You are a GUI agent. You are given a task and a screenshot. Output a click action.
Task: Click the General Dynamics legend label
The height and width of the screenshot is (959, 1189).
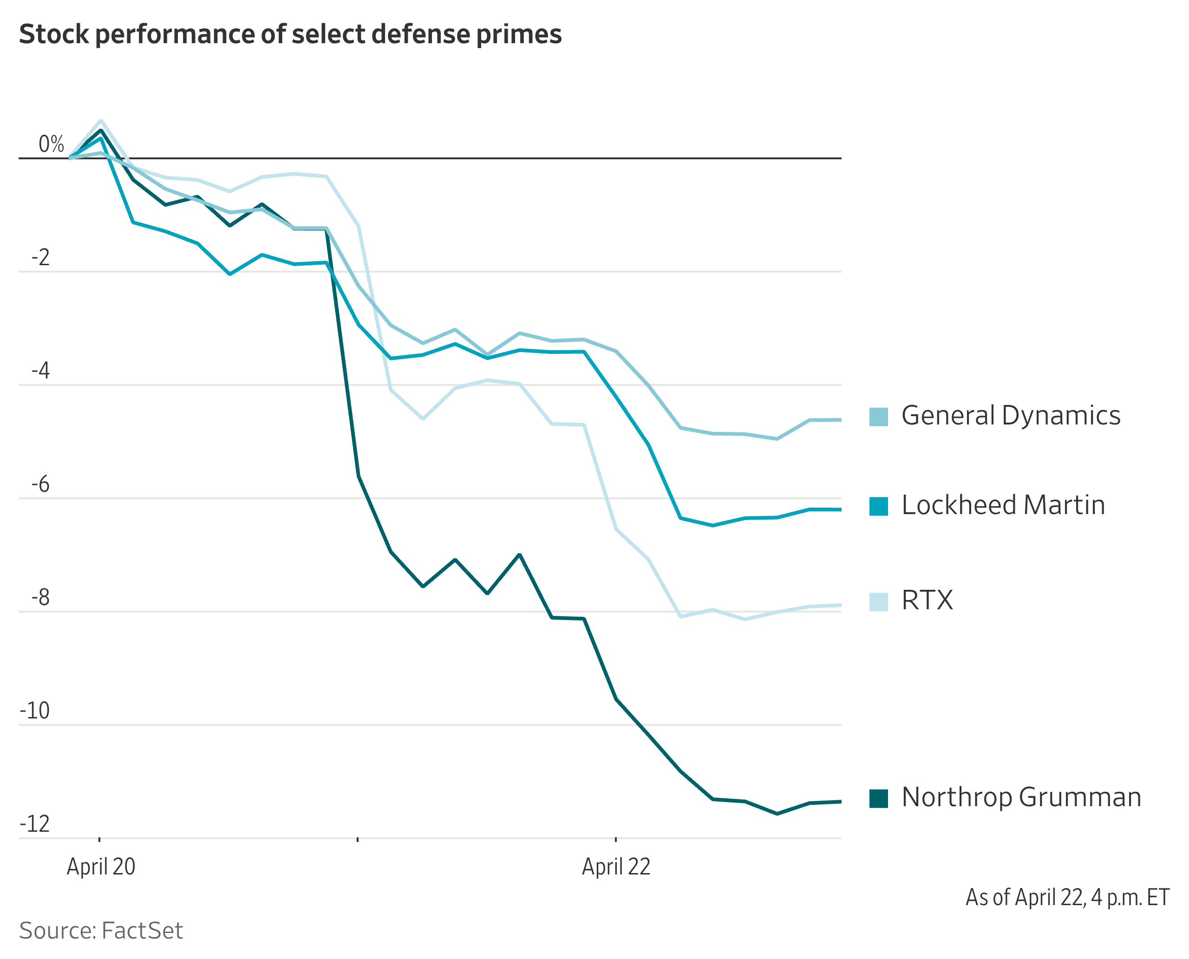(x=1010, y=416)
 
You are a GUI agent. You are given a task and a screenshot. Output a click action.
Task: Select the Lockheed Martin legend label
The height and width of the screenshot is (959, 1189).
(x=1002, y=505)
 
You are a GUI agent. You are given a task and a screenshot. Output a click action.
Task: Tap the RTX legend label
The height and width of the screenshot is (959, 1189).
(x=927, y=600)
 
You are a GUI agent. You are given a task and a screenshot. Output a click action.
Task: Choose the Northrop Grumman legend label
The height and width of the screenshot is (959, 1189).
(x=1020, y=797)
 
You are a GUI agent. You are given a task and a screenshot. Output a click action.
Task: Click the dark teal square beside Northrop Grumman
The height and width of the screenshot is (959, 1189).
(x=878, y=798)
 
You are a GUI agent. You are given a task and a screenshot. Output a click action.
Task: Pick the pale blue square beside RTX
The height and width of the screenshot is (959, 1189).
(x=878, y=601)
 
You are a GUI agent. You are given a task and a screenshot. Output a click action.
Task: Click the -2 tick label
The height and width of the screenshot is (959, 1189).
(x=40, y=257)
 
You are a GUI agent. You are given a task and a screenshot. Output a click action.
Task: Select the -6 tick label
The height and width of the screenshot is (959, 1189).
(x=40, y=484)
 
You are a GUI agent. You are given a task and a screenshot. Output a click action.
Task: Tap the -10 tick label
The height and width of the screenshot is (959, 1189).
(x=35, y=711)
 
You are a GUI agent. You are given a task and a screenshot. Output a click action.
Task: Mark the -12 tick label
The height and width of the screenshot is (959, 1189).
(x=35, y=824)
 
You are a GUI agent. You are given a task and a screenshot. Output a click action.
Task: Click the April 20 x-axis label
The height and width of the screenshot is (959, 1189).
(x=101, y=867)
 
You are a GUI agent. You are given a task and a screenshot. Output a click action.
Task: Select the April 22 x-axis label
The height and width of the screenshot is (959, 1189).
(x=615, y=867)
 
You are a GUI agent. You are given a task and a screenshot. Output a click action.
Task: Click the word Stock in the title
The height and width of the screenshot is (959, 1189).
(x=53, y=34)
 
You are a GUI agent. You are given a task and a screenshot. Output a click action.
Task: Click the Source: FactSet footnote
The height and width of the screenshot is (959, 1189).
(x=101, y=931)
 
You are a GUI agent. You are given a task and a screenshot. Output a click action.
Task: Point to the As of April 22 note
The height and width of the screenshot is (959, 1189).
(x=1067, y=898)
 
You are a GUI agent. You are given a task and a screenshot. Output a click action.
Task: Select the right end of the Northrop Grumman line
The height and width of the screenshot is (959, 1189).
(x=840, y=802)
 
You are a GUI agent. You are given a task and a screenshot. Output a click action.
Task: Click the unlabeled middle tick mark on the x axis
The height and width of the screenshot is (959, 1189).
(x=358, y=839)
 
